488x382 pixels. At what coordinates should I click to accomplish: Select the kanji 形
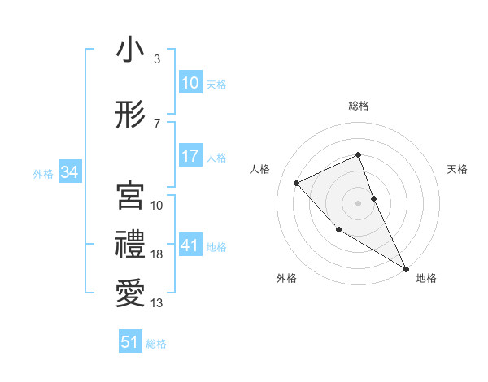[129, 116]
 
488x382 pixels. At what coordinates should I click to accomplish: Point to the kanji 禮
[129, 245]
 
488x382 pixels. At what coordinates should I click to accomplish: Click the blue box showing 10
[190, 83]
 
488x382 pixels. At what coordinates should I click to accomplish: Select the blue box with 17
[190, 156]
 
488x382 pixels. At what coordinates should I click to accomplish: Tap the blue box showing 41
[190, 245]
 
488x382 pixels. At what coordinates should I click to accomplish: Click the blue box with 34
[69, 172]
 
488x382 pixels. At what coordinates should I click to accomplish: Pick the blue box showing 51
[130, 342]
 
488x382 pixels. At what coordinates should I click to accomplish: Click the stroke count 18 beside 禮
[156, 254]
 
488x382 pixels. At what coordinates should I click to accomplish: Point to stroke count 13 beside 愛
[156, 303]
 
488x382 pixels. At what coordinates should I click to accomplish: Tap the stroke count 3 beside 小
[156, 59]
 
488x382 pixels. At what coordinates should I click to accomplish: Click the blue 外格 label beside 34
[43, 173]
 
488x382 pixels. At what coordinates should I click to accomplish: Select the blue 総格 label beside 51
[156, 344]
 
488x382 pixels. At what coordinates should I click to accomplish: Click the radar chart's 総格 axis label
[359, 106]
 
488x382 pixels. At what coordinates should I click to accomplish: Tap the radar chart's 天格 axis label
[457, 169]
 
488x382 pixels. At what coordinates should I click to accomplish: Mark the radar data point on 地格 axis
[406, 268]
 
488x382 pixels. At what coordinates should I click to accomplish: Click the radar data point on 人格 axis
[298, 183]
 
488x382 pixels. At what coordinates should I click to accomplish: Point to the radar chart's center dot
[359, 202]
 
